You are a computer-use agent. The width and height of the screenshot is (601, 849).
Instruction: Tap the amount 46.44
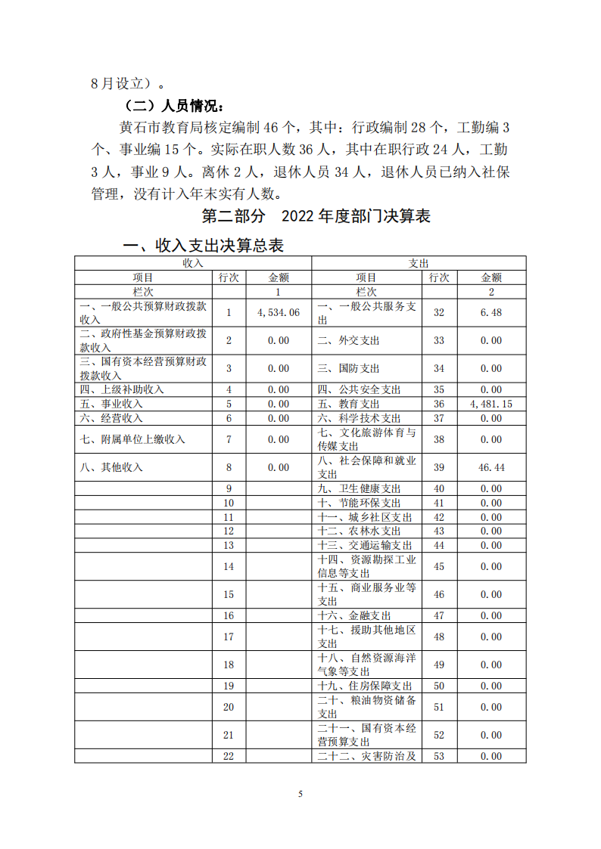pyautogui.click(x=490, y=468)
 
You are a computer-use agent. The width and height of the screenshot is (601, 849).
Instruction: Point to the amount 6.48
pyautogui.click(x=490, y=312)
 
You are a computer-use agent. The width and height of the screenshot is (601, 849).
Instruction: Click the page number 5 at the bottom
pyautogui.click(x=300, y=794)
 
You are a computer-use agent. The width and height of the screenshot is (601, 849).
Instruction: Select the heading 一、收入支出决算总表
pyautogui.click(x=204, y=246)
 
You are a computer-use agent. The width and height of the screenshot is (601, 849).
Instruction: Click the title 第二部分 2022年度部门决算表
pyautogui.click(x=316, y=216)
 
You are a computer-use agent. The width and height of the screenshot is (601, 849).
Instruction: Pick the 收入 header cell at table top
pyautogui.click(x=192, y=263)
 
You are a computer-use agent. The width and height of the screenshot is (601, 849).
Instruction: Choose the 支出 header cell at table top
pyautogui.click(x=419, y=263)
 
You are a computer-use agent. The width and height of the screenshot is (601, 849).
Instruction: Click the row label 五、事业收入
pyautogui.click(x=111, y=404)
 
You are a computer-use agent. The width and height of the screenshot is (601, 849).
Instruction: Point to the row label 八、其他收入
pyautogui.click(x=111, y=468)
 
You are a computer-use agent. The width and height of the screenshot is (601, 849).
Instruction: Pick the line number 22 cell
pyautogui.click(x=229, y=756)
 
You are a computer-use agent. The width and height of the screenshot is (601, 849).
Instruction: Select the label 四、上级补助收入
pyautogui.click(x=122, y=390)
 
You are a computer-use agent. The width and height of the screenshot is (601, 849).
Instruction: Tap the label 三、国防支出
pyautogui.click(x=348, y=369)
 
